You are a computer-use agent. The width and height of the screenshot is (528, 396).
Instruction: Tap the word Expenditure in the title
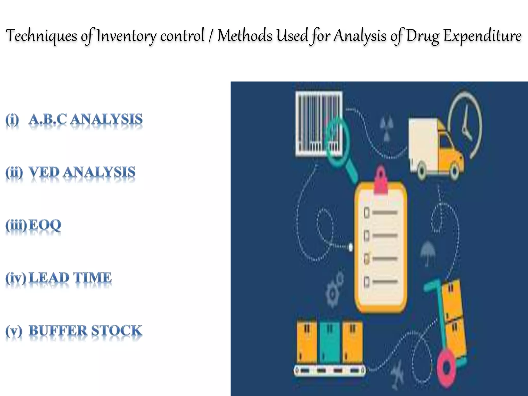click(x=482, y=36)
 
